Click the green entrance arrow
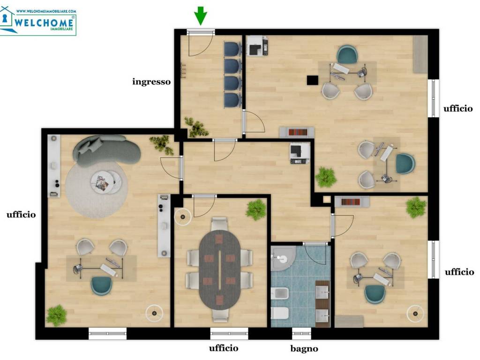coord(201,15)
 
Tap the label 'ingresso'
coord(151,82)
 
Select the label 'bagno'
coord(304,349)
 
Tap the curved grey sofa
coord(106,150)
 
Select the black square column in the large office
coord(313,80)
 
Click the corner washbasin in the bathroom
coord(283,258)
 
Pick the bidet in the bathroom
coord(280,293)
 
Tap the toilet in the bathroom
coord(280,314)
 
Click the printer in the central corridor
coord(300,153)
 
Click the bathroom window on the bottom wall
coord(301,333)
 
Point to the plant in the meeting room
coord(256,210)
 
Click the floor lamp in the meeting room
coord(183,217)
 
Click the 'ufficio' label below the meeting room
coord(224,348)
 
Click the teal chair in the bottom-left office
coord(101,285)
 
